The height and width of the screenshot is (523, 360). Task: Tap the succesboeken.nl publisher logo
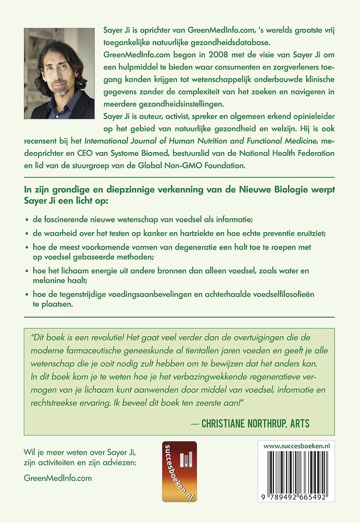[x=179, y=471]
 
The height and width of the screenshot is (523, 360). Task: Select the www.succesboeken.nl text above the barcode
[x=296, y=446]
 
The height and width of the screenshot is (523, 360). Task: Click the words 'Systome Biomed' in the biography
[x=147, y=154]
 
